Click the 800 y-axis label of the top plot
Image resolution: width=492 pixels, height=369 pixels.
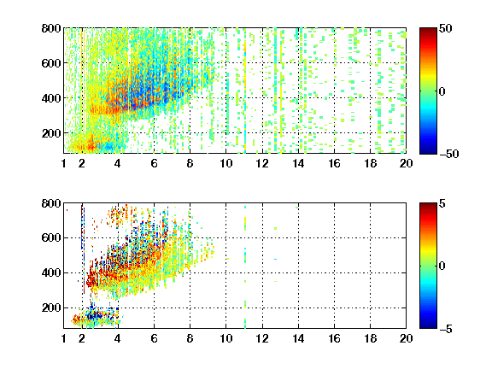(51, 28)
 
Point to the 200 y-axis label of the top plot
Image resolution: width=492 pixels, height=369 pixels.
(51, 133)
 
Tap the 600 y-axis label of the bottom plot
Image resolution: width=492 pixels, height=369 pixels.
(51, 237)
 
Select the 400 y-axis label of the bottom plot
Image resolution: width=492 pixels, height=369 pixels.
(51, 272)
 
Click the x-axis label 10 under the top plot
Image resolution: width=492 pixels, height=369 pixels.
(225, 163)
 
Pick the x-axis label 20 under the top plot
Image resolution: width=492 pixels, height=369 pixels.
(406, 163)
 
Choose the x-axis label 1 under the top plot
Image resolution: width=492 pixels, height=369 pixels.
(64, 163)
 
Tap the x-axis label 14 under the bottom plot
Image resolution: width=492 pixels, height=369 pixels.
(298, 338)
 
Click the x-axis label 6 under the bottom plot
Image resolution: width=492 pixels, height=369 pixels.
(154, 338)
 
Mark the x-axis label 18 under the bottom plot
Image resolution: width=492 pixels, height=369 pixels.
(370, 338)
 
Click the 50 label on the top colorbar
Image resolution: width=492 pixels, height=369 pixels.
(446, 28)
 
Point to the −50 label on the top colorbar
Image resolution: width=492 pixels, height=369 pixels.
(449, 154)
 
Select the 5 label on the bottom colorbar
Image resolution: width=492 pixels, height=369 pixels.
(442, 203)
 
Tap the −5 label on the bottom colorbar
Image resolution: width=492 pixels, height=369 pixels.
(446, 329)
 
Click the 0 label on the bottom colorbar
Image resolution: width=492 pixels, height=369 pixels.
(442, 266)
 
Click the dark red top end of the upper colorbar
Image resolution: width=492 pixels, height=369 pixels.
(428, 29)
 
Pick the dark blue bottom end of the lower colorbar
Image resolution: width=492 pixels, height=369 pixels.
(428, 326)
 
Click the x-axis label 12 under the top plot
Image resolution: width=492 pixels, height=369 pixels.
(262, 163)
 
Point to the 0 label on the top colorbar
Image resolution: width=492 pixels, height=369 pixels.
(442, 91)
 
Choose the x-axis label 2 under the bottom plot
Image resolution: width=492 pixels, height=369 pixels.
(82, 338)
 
